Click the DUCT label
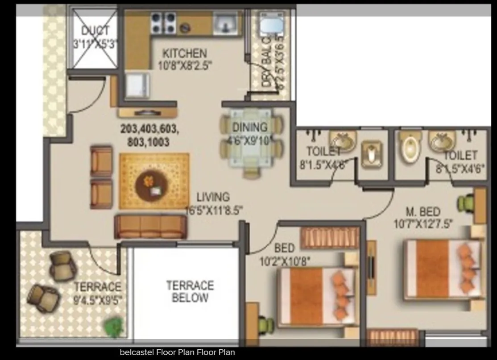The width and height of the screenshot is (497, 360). click(x=95, y=31)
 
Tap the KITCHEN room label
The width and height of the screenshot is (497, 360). click(x=184, y=54)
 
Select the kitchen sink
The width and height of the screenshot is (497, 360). click(x=223, y=21)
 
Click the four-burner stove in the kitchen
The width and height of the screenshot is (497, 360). click(x=163, y=21)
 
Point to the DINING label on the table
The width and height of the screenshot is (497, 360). click(x=250, y=128)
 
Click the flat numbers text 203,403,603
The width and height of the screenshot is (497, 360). click(x=149, y=129)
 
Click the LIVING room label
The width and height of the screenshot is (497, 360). click(x=213, y=197)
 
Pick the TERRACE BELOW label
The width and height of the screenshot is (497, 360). click(x=190, y=291)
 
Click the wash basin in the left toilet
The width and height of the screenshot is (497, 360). click(x=342, y=141)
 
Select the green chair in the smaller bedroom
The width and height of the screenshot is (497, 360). click(x=266, y=324)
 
